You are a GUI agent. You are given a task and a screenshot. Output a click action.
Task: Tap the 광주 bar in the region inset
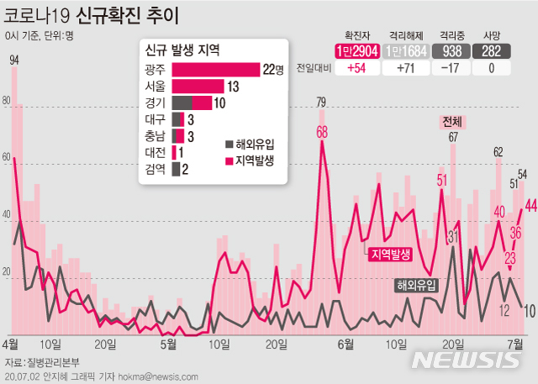215,70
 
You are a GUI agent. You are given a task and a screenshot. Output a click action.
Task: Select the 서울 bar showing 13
198,87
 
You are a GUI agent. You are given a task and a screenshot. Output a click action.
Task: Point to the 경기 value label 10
219,103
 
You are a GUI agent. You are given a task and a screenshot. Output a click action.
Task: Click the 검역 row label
156,170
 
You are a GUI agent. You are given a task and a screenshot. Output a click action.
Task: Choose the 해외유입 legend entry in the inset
251,143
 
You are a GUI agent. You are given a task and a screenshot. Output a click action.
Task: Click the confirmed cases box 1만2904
353,51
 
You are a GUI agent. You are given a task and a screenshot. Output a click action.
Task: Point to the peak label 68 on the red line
322,132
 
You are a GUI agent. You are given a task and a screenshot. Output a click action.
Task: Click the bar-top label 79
321,103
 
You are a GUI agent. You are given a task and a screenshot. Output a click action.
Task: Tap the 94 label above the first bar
14,60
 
